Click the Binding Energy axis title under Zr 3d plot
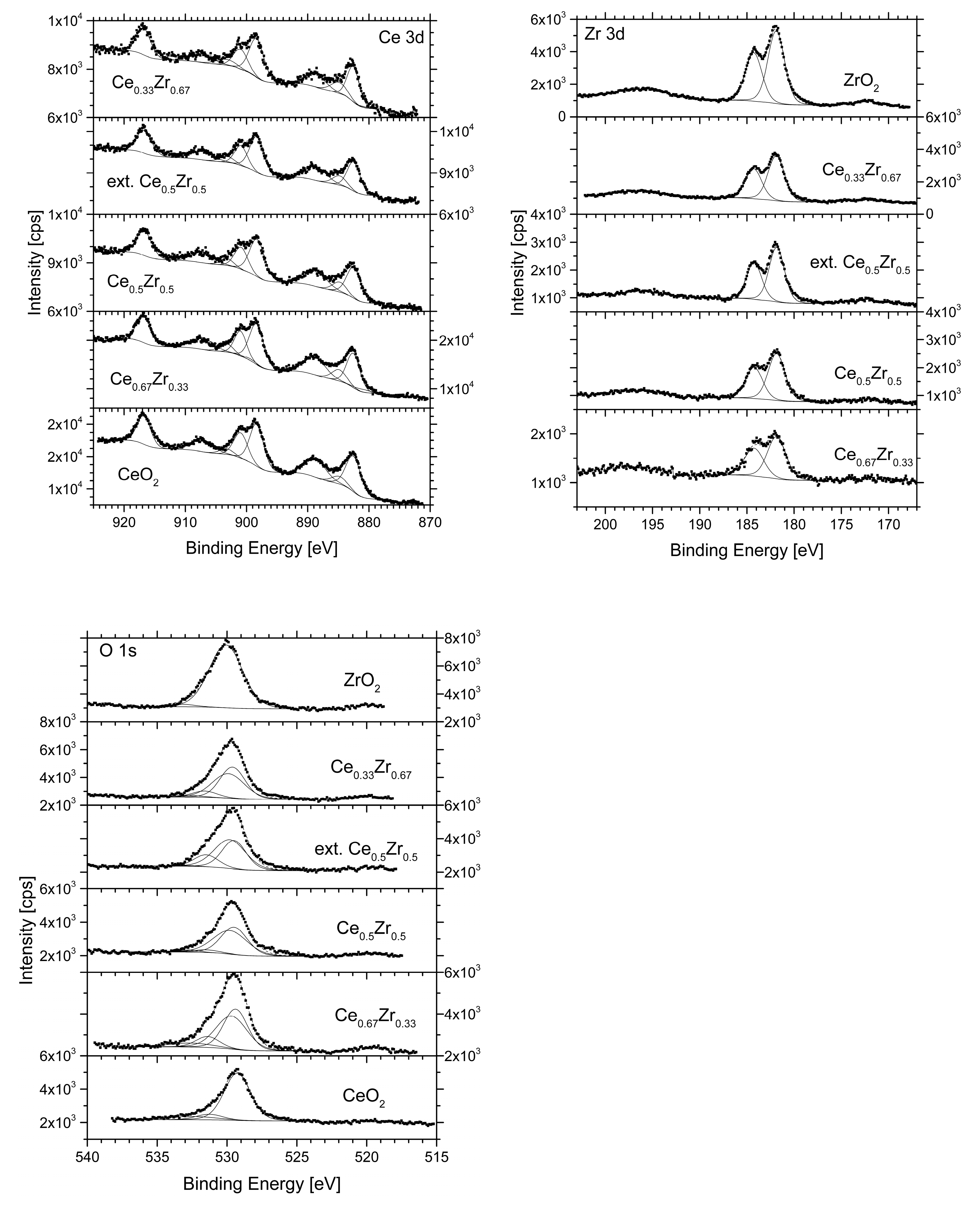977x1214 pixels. [x=746, y=550]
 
